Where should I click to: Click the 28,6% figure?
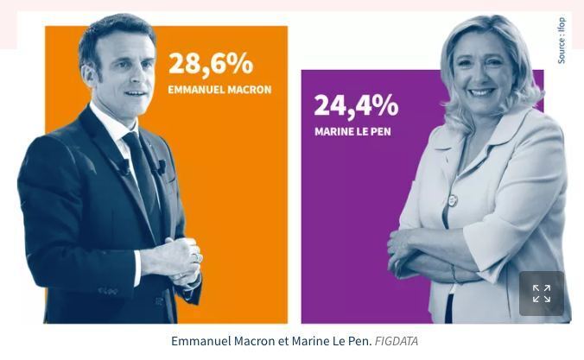coord(210,63)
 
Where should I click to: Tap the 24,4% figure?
coord(356,105)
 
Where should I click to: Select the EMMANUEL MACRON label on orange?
coord(219,90)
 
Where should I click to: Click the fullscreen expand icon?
coord(542,294)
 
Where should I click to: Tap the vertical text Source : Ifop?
coord(562,40)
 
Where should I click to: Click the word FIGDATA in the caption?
coord(397,341)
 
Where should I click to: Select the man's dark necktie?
coord(142,164)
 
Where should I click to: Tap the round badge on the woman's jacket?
coord(452,200)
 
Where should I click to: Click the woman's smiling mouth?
coord(481,92)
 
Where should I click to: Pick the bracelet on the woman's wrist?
coord(452,273)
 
